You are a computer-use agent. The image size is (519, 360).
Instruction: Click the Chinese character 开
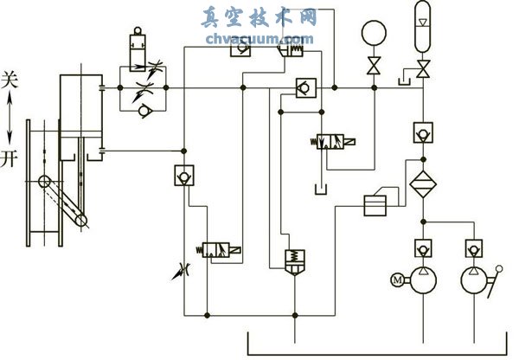tap(10, 159)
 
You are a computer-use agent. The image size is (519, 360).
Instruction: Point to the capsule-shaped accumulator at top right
tap(422, 19)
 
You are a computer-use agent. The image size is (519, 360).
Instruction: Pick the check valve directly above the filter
tap(422, 133)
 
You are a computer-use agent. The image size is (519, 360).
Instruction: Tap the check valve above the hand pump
tap(472, 248)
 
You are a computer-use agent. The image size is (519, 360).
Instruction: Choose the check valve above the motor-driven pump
tap(422, 248)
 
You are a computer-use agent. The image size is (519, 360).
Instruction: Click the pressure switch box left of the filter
tap(375, 205)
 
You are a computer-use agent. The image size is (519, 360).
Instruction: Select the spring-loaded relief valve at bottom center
tap(295, 260)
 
